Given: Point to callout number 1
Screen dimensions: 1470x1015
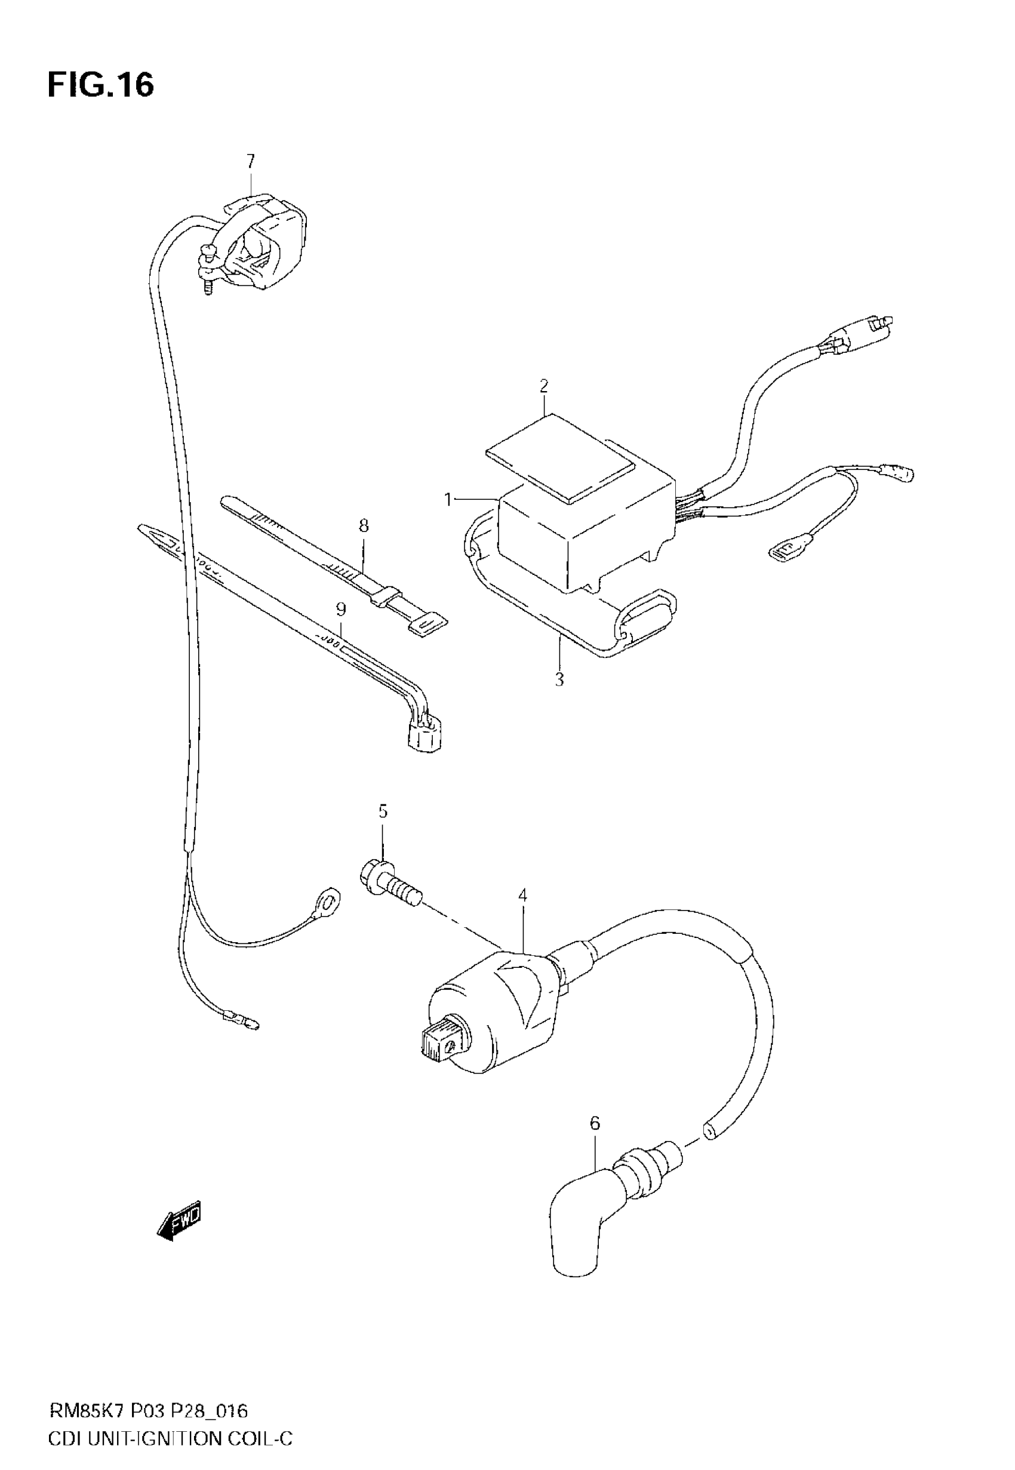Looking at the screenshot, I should [448, 500].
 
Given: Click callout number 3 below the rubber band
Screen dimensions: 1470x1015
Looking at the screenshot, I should [559, 679].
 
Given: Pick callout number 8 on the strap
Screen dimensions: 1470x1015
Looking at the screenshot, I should [363, 526].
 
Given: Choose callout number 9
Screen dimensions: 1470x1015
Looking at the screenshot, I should [341, 610].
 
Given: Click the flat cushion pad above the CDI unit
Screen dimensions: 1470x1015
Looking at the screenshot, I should [559, 453].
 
